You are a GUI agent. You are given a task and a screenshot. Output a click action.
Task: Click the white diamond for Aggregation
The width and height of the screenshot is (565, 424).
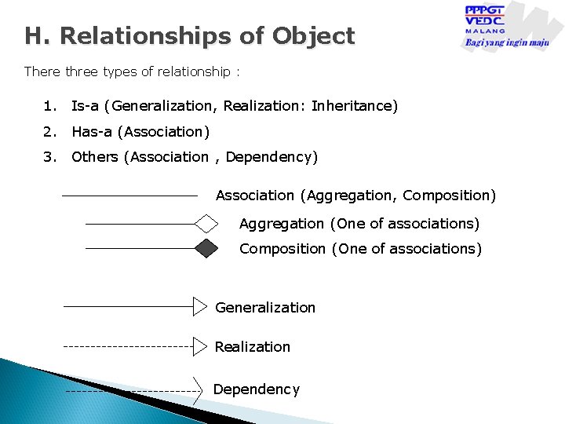coord(206,224)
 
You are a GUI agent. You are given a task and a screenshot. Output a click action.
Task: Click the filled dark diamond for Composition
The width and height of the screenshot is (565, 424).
coord(206,248)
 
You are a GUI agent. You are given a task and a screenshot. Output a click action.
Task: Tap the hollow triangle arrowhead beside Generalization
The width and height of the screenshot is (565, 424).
coord(200,306)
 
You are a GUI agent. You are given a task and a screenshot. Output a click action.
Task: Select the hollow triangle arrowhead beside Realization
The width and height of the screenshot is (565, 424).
coord(200,345)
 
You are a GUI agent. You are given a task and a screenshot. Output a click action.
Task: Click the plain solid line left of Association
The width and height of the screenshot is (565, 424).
coord(129,195)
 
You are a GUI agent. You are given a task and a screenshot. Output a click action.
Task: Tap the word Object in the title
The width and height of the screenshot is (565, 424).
coord(313,36)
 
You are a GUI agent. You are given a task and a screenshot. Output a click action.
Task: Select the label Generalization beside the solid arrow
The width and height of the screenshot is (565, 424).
coord(265,307)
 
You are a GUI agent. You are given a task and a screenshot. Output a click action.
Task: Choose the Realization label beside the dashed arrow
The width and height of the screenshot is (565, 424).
coord(252,346)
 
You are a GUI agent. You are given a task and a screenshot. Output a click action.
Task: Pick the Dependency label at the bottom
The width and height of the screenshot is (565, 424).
coord(257,389)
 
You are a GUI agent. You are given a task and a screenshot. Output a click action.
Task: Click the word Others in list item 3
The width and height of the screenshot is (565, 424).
coord(95,156)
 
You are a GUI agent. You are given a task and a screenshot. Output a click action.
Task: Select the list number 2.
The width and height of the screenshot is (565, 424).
coord(50,131)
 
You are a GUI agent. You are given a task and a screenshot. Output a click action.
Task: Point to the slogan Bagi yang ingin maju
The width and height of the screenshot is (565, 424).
coord(507,42)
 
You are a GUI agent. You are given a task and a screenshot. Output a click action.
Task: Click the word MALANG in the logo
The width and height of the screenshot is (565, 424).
coord(484,31)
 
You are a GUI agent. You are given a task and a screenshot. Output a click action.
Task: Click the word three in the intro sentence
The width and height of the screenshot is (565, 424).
coord(84,71)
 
